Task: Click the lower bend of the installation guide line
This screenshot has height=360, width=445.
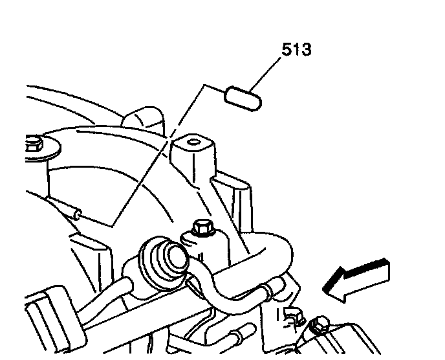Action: pyautogui.click(x=113, y=225)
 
